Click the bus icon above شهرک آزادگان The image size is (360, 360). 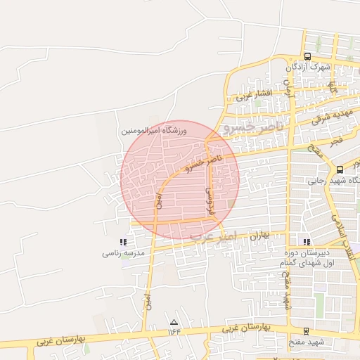[307, 56]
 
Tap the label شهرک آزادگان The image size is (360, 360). [308, 67]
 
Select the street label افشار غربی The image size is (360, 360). [254, 95]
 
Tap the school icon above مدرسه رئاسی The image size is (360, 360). [124, 242]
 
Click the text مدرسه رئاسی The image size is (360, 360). [124, 252]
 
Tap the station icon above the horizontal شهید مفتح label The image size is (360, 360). [306, 330]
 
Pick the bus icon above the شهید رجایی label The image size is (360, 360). [340, 169]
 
